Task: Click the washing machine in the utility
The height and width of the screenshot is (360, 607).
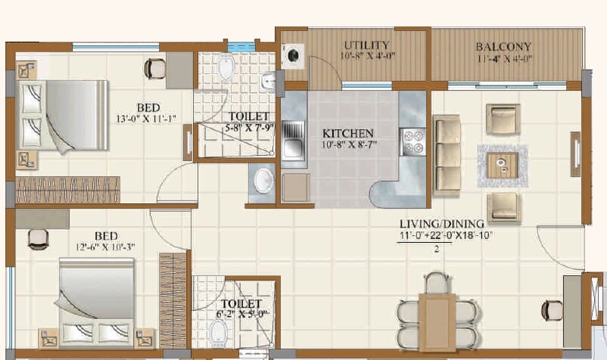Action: pyautogui.click(x=291, y=55)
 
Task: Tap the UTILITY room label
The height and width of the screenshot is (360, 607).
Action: pyautogui.click(x=367, y=45)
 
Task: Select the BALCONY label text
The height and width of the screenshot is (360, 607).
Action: pyautogui.click(x=503, y=45)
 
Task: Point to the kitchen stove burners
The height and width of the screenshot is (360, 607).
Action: pyautogui.click(x=414, y=141)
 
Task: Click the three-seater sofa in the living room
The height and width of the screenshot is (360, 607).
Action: pyautogui.click(x=447, y=154)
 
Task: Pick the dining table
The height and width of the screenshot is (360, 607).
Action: pyautogui.click(x=436, y=315)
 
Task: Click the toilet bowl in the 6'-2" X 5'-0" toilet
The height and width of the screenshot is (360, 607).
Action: pyautogui.click(x=218, y=331)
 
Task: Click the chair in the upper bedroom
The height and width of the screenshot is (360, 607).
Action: pyautogui.click(x=154, y=68)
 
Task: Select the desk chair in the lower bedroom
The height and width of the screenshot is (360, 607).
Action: pyautogui.click(x=39, y=238)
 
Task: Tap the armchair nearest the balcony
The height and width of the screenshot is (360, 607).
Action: pyautogui.click(x=503, y=119)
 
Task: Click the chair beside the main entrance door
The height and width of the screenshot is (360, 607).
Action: pyautogui.click(x=549, y=310)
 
